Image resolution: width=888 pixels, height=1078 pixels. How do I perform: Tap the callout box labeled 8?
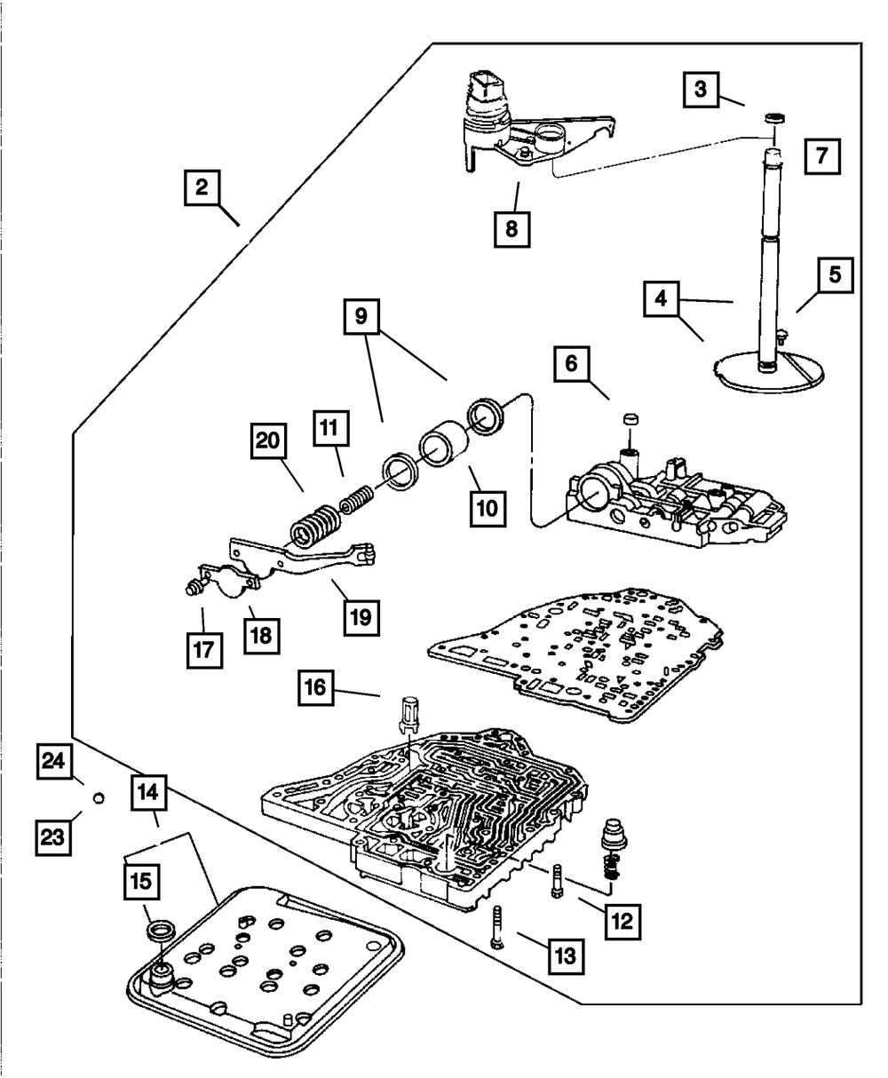tap(511, 227)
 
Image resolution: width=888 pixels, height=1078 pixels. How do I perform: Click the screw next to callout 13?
tap(497, 927)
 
